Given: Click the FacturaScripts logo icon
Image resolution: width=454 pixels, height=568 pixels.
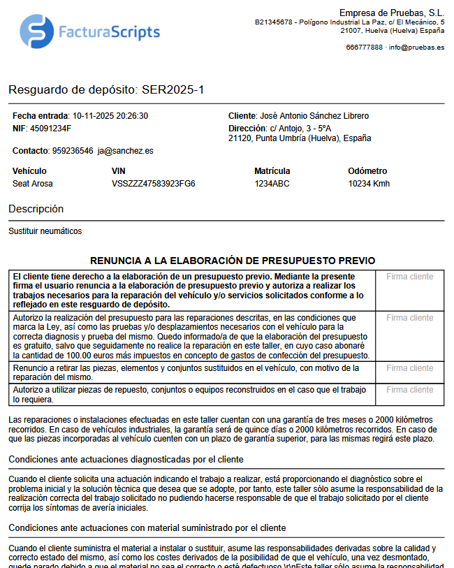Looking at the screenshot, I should [x=37, y=31].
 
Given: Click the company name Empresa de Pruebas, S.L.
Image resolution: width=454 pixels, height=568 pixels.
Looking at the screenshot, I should [x=391, y=13].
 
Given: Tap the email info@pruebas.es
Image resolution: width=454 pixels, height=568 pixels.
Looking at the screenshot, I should [x=416, y=48].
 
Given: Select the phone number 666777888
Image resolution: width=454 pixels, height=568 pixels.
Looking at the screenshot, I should [x=364, y=48].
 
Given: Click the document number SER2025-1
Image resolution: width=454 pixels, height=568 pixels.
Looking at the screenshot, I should [x=173, y=90].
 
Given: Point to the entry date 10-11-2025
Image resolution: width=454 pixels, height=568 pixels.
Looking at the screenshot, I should [x=96, y=116].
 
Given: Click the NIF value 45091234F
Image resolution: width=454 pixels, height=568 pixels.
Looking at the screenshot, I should [x=50, y=129].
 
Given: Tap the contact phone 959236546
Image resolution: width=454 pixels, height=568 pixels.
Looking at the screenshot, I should [x=73, y=150].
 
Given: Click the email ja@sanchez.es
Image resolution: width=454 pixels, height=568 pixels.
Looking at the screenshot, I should [x=126, y=150].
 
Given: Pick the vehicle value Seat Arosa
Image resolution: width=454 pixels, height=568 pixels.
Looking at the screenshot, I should [x=33, y=184].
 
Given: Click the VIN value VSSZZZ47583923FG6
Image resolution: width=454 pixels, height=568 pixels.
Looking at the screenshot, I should [x=154, y=184].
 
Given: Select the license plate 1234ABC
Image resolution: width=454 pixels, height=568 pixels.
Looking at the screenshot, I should [x=272, y=184].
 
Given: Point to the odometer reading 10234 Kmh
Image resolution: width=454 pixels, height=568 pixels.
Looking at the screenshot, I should [x=369, y=184].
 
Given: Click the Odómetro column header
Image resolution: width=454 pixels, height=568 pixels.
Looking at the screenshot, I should [x=367, y=171].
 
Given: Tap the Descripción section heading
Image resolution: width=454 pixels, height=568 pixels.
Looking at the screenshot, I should [x=36, y=209].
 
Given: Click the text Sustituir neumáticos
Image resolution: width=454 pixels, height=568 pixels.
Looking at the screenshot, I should [x=45, y=231].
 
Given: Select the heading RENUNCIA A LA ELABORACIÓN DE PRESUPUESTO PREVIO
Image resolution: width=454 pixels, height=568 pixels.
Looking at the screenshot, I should [x=233, y=261].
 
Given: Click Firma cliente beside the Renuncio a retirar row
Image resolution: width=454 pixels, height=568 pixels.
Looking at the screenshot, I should [x=409, y=368].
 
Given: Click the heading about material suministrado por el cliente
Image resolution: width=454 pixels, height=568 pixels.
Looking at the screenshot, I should [x=147, y=527].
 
